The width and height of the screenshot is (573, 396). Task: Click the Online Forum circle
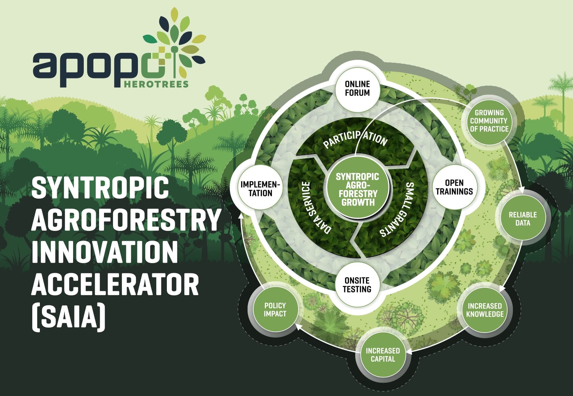click(x=357, y=88)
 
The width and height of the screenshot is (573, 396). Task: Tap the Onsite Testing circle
click(x=357, y=285)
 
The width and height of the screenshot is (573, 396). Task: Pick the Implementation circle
click(x=261, y=188)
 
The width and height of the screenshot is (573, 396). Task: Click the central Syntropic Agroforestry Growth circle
click(x=357, y=189)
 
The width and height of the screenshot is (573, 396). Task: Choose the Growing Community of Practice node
click(x=489, y=121)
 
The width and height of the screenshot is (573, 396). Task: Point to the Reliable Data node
click(x=523, y=218)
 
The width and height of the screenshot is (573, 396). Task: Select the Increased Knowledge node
click(x=485, y=310)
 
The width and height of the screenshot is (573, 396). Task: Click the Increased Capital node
click(x=383, y=354)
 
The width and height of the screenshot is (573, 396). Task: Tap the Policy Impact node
click(x=275, y=309)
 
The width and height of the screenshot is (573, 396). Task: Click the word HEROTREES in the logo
click(x=156, y=83)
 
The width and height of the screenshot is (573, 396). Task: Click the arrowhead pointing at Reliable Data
click(x=521, y=191)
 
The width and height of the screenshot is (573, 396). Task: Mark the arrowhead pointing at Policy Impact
click(x=299, y=327)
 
